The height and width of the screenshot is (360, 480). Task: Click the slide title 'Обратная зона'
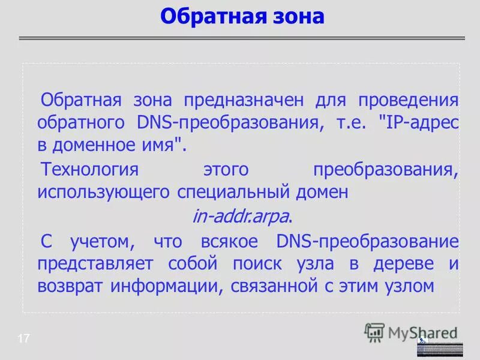coord(242,16)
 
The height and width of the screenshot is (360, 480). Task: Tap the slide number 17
coord(23,339)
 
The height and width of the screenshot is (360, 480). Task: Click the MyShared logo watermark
coord(412,332)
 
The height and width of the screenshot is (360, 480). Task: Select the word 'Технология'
coord(89,170)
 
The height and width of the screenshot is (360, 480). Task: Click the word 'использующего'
coord(104,193)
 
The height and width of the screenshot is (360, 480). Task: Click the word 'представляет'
coord(95,264)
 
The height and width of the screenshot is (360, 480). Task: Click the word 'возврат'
coord(71,287)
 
